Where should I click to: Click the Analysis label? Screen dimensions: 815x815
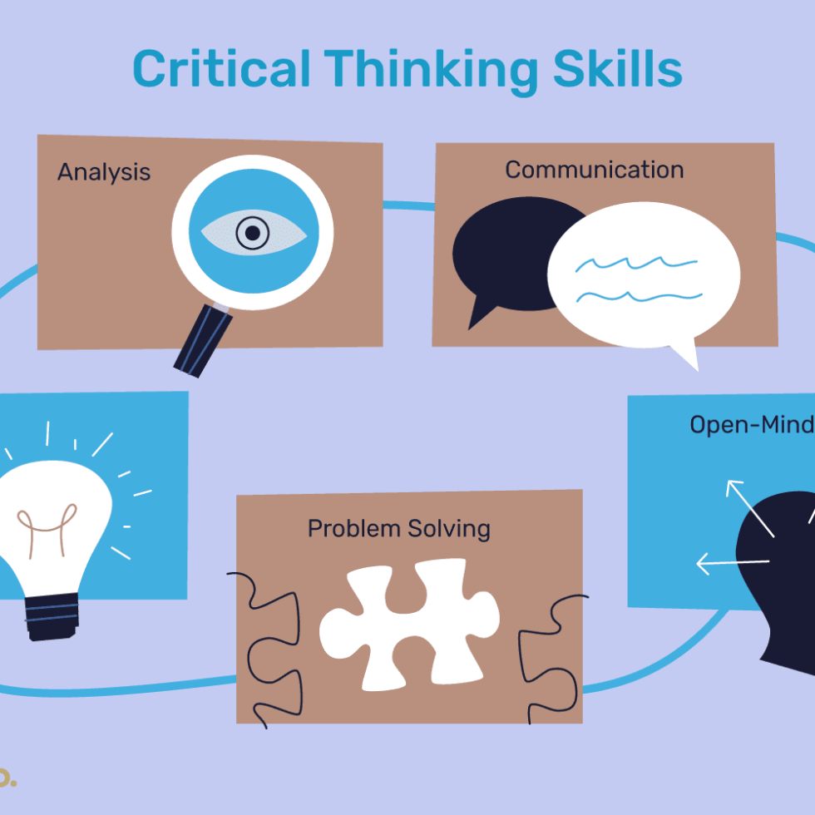(104, 172)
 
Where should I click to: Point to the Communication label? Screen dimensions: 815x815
(594, 170)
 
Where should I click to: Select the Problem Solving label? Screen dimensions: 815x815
(398, 528)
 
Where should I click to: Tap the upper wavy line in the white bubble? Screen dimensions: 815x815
(636, 264)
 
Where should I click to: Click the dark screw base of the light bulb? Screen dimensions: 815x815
(52, 615)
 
